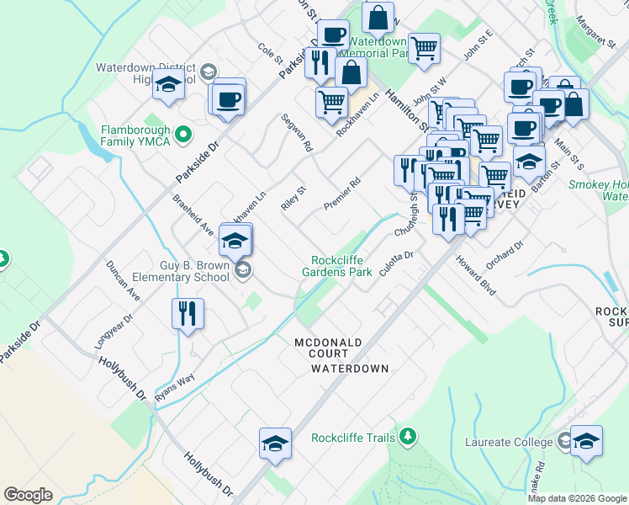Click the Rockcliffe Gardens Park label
point(341,266)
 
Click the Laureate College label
point(510,441)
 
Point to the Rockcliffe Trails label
point(352,438)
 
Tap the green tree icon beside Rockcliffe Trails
point(408,436)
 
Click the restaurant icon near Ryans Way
point(188,314)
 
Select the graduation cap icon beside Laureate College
point(585,441)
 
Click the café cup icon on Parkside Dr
point(229,99)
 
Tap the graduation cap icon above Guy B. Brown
point(235,242)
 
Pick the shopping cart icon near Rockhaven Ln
point(332,103)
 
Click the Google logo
point(28,495)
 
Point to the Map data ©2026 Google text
point(577,498)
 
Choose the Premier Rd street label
point(341,194)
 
